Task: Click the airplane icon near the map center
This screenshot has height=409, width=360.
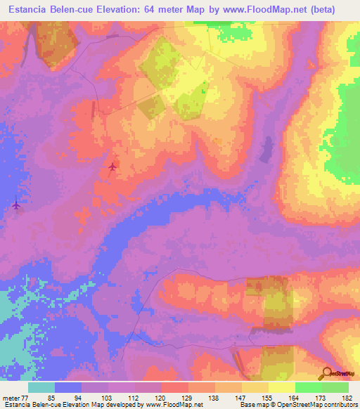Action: tap(113, 167)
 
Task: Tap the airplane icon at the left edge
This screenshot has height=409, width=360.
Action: tap(16, 204)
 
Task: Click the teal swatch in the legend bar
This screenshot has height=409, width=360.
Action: tap(41, 387)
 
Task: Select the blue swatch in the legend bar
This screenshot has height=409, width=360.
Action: tap(68, 387)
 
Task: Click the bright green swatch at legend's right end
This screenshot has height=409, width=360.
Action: tap(335, 387)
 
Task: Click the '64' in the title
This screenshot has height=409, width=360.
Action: tap(146, 9)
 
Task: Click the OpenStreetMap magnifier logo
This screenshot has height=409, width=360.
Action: tap(326, 373)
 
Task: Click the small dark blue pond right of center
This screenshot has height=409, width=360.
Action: tap(266, 148)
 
